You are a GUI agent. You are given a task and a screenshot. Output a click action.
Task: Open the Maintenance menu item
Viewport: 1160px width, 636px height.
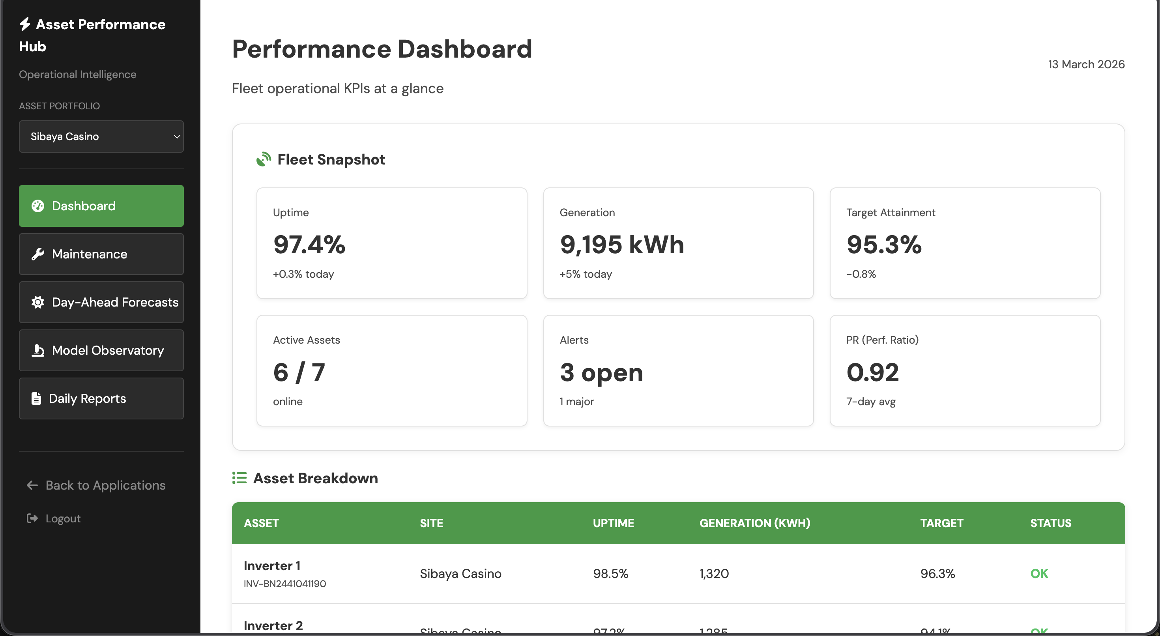101,254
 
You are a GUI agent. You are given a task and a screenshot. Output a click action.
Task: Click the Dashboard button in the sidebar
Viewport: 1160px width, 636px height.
101,206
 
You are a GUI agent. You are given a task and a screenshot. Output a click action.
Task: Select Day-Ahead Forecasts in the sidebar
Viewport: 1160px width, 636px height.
101,302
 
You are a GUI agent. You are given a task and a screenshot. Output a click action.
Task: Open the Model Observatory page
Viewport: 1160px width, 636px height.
101,350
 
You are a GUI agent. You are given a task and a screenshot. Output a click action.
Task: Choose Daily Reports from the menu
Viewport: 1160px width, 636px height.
101,398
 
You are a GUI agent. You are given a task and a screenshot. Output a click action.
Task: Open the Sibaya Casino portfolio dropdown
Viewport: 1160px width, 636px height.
101,137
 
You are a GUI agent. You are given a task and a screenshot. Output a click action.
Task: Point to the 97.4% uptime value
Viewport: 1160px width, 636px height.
309,245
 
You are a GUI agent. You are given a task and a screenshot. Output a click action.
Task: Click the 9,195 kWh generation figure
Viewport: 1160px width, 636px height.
621,245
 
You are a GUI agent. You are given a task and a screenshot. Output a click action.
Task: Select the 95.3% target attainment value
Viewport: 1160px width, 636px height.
883,245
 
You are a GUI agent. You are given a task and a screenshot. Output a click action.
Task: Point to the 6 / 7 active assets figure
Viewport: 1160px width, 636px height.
299,372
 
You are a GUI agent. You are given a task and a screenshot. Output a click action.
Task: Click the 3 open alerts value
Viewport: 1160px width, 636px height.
601,372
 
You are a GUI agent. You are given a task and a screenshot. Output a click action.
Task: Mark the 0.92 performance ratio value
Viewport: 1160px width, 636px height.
872,372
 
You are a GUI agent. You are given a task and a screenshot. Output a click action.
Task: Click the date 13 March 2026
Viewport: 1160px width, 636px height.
1086,64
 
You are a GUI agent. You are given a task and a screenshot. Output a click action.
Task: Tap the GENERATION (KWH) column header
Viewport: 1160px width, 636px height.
755,523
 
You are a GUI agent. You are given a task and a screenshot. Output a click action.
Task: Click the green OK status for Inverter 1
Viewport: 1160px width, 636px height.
1039,573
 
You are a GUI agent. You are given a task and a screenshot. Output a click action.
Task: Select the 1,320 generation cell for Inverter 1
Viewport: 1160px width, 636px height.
714,573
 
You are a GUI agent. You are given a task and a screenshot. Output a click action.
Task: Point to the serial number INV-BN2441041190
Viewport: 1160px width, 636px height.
284,584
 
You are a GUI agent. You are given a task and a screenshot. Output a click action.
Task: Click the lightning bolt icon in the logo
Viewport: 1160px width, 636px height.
25,24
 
